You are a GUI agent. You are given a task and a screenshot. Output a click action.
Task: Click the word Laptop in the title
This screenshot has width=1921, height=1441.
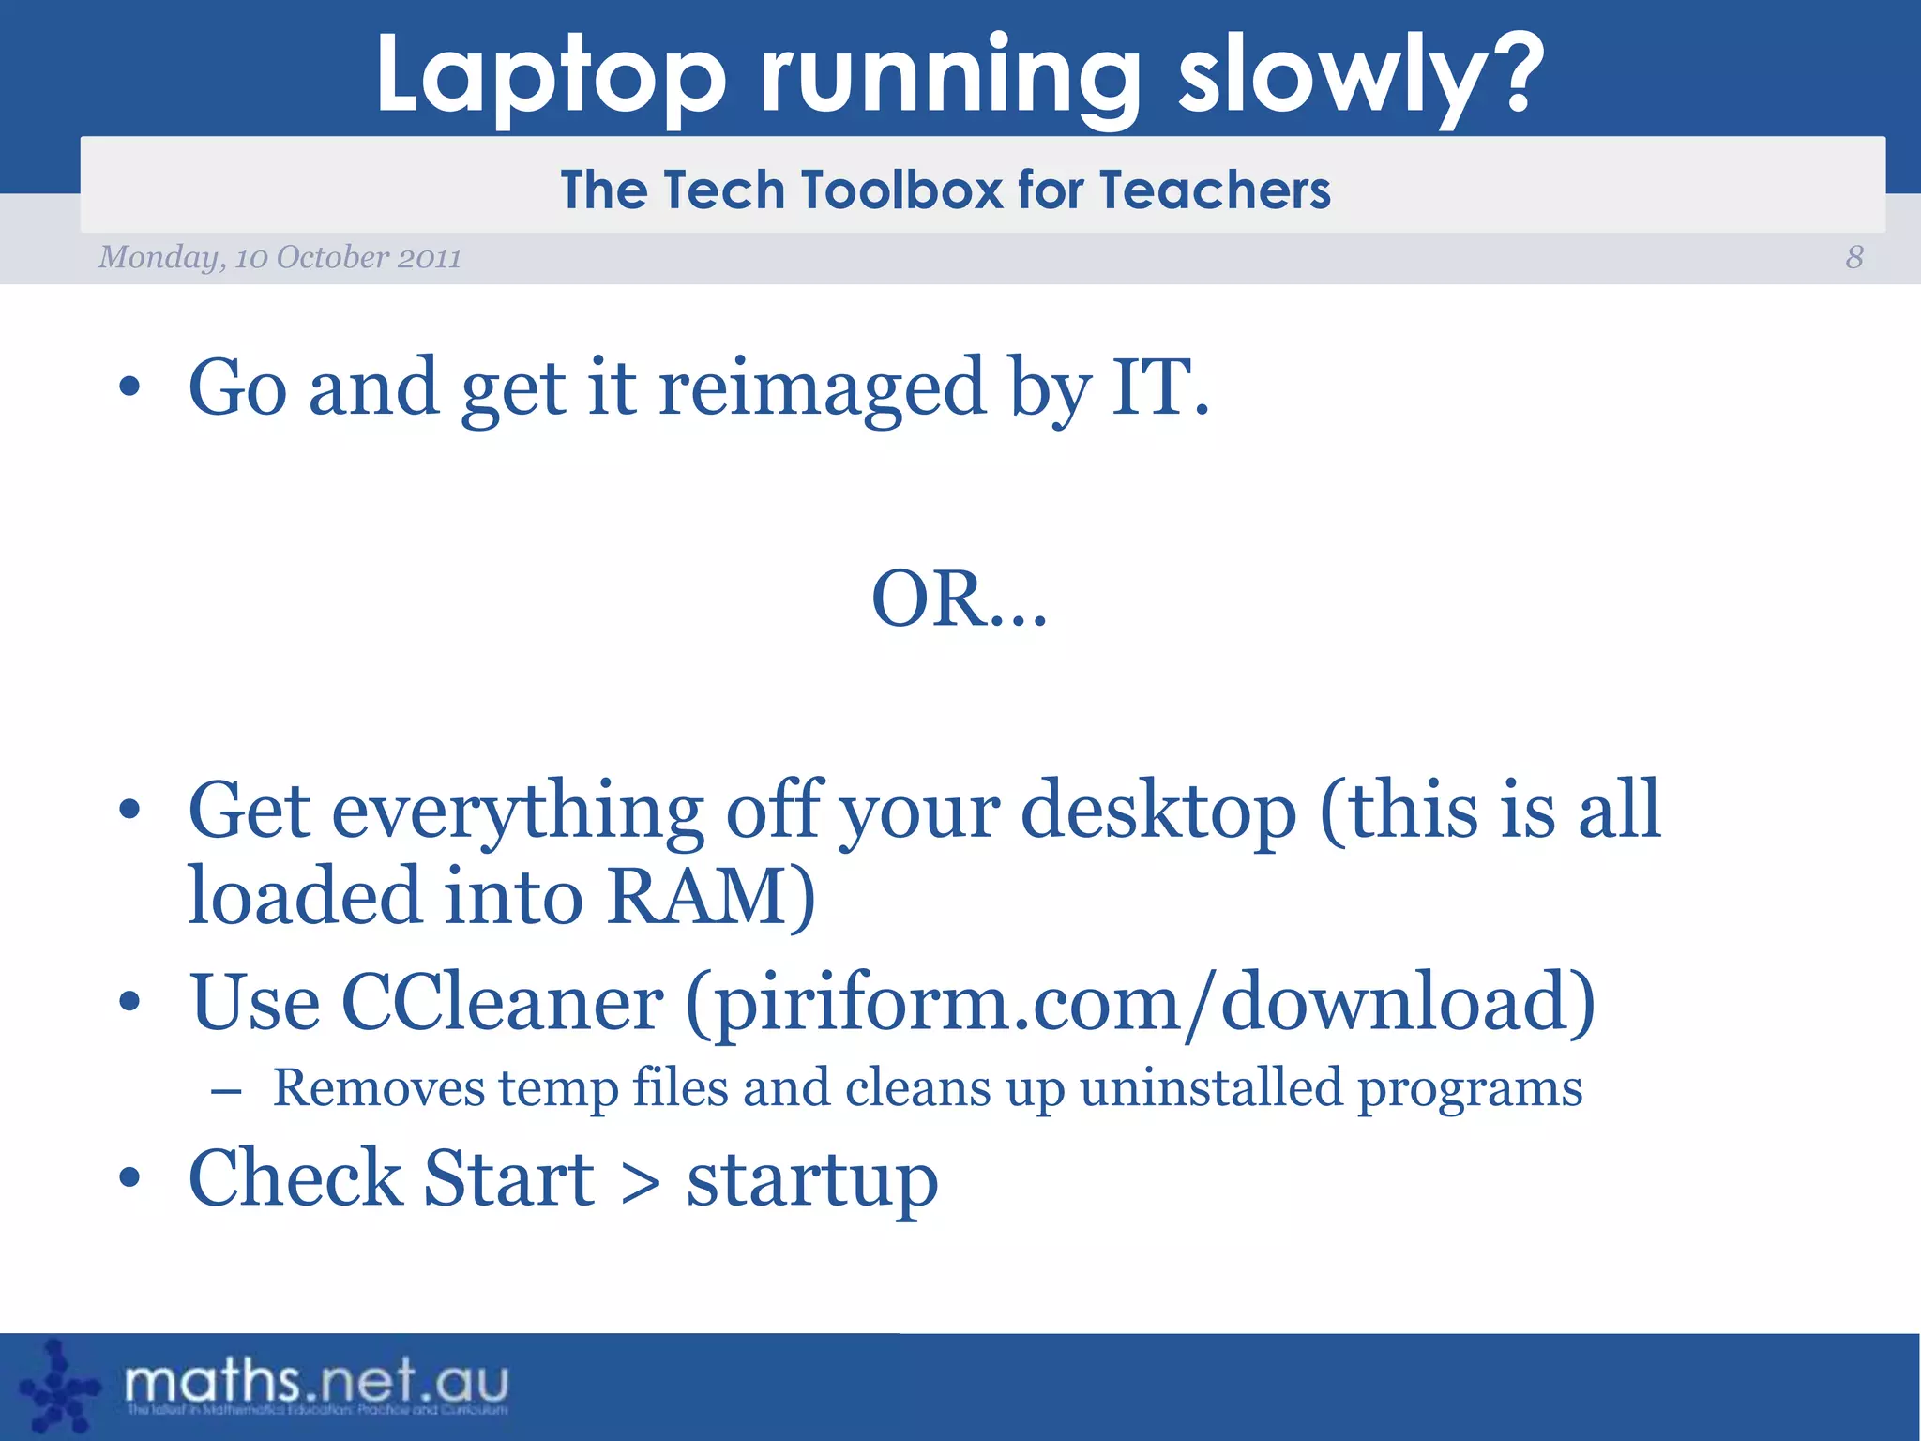coord(551,75)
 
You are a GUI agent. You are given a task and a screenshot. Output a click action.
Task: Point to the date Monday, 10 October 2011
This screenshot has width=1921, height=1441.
coord(280,257)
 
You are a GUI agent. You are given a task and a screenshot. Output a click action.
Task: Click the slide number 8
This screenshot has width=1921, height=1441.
coord(1854,257)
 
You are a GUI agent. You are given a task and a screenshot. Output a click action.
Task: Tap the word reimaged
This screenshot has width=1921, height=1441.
coord(822,388)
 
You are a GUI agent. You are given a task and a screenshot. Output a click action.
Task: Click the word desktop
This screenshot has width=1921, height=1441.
coord(1157,812)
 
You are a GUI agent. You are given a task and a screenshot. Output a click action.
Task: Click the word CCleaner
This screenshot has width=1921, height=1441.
coord(502,1002)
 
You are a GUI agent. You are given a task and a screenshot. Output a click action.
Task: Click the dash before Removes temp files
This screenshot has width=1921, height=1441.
coord(226,1090)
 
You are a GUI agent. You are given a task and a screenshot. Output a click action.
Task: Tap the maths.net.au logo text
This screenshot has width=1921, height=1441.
coord(316,1383)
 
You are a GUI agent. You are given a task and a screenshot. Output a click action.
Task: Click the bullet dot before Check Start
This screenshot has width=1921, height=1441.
coord(129,1178)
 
